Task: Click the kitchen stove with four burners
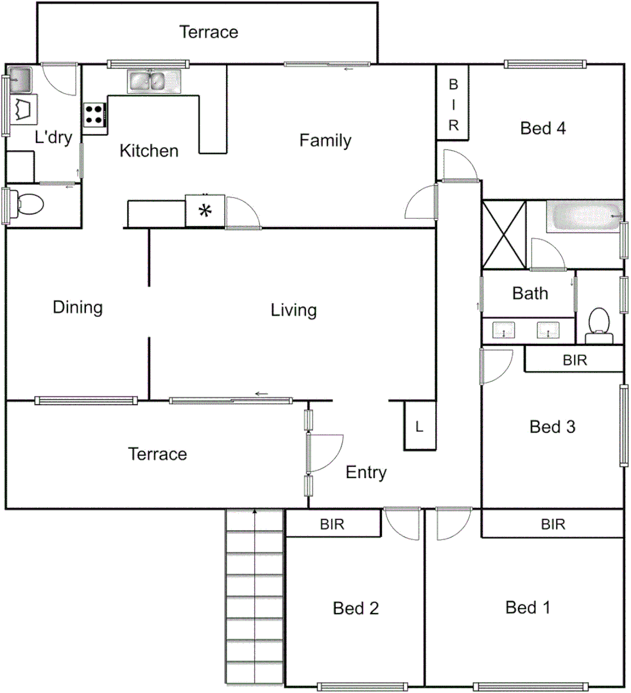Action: coord(94,115)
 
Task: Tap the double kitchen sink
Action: coord(155,81)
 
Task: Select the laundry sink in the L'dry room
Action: coord(19,80)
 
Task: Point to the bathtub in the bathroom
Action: coord(583,217)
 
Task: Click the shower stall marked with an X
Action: coord(504,234)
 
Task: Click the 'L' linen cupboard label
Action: coord(419,426)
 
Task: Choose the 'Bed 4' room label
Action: coord(542,128)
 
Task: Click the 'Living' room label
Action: coord(293,311)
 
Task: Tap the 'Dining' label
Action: coord(78,307)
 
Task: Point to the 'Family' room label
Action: coord(325,141)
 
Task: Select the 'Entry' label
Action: coord(366,473)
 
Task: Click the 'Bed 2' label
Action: coord(356,608)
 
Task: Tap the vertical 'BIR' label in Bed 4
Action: coord(453,105)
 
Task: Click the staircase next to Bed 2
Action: coord(255,597)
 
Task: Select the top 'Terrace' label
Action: coord(209,31)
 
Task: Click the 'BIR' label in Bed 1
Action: coord(553,524)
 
